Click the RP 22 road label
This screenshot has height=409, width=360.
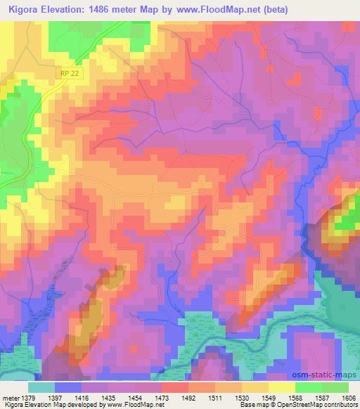click(66, 72)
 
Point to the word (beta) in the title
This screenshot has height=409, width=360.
click(274, 9)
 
